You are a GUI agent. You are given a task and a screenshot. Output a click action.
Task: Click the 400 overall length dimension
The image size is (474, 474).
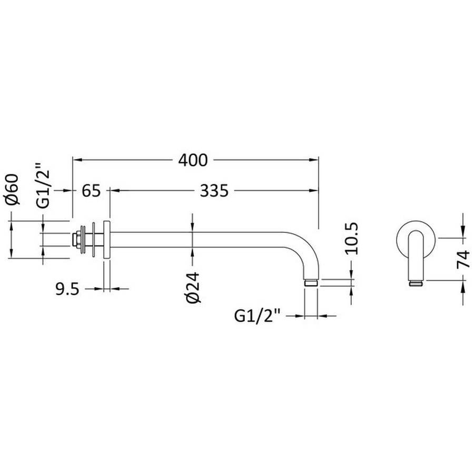(193, 160)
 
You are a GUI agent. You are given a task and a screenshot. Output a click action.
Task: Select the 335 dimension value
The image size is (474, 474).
(214, 191)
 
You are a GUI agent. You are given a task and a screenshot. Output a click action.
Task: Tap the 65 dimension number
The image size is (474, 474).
(91, 191)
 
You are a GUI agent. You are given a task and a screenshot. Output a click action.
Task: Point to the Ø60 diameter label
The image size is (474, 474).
(12, 189)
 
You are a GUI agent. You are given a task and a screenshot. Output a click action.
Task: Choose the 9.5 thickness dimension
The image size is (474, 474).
(67, 289)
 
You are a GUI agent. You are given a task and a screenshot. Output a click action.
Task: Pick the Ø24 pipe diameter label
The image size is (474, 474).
(193, 287)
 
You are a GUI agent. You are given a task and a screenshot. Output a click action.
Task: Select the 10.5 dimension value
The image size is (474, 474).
(352, 239)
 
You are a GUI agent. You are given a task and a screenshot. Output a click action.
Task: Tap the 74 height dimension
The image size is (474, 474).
(463, 259)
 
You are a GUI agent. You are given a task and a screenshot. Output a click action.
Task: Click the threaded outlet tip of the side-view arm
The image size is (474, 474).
(311, 283)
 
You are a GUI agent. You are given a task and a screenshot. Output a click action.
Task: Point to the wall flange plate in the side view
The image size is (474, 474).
(107, 240)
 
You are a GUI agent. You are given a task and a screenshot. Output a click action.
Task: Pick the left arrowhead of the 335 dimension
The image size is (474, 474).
(114, 191)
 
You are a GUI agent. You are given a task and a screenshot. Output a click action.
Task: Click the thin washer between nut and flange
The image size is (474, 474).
(93, 240)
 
